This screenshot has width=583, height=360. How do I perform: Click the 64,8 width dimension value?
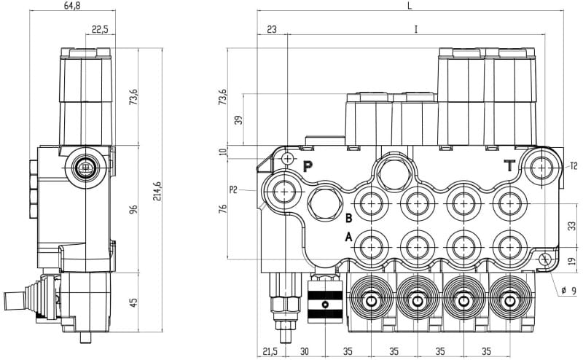click(71, 6)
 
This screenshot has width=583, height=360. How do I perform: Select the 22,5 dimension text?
click(101, 29)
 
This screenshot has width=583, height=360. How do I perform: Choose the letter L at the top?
click(410, 6)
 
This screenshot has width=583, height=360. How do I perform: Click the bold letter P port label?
click(308, 166)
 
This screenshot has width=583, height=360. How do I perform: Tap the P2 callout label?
click(234, 190)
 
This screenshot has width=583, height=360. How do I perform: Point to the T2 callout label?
click(574, 166)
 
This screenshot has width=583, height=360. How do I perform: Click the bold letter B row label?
click(348, 218)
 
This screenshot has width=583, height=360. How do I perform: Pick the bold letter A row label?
click(348, 236)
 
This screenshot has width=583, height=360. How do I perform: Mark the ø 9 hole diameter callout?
click(568, 291)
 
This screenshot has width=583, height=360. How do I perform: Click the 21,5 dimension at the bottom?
click(270, 351)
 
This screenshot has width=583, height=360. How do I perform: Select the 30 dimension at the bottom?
click(305, 351)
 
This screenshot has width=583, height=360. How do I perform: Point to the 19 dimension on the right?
click(572, 261)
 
